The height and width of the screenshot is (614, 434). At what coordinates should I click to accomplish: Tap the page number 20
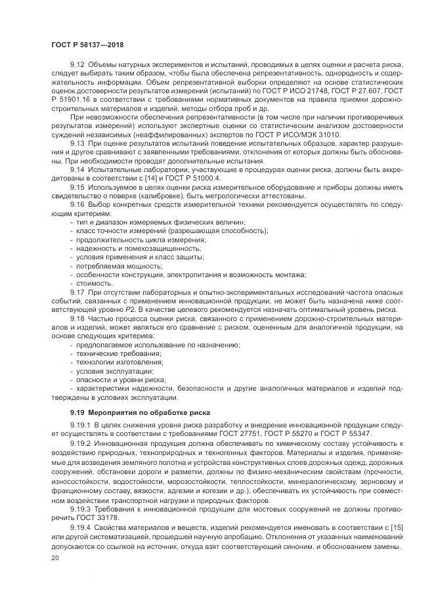pos(54,558)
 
